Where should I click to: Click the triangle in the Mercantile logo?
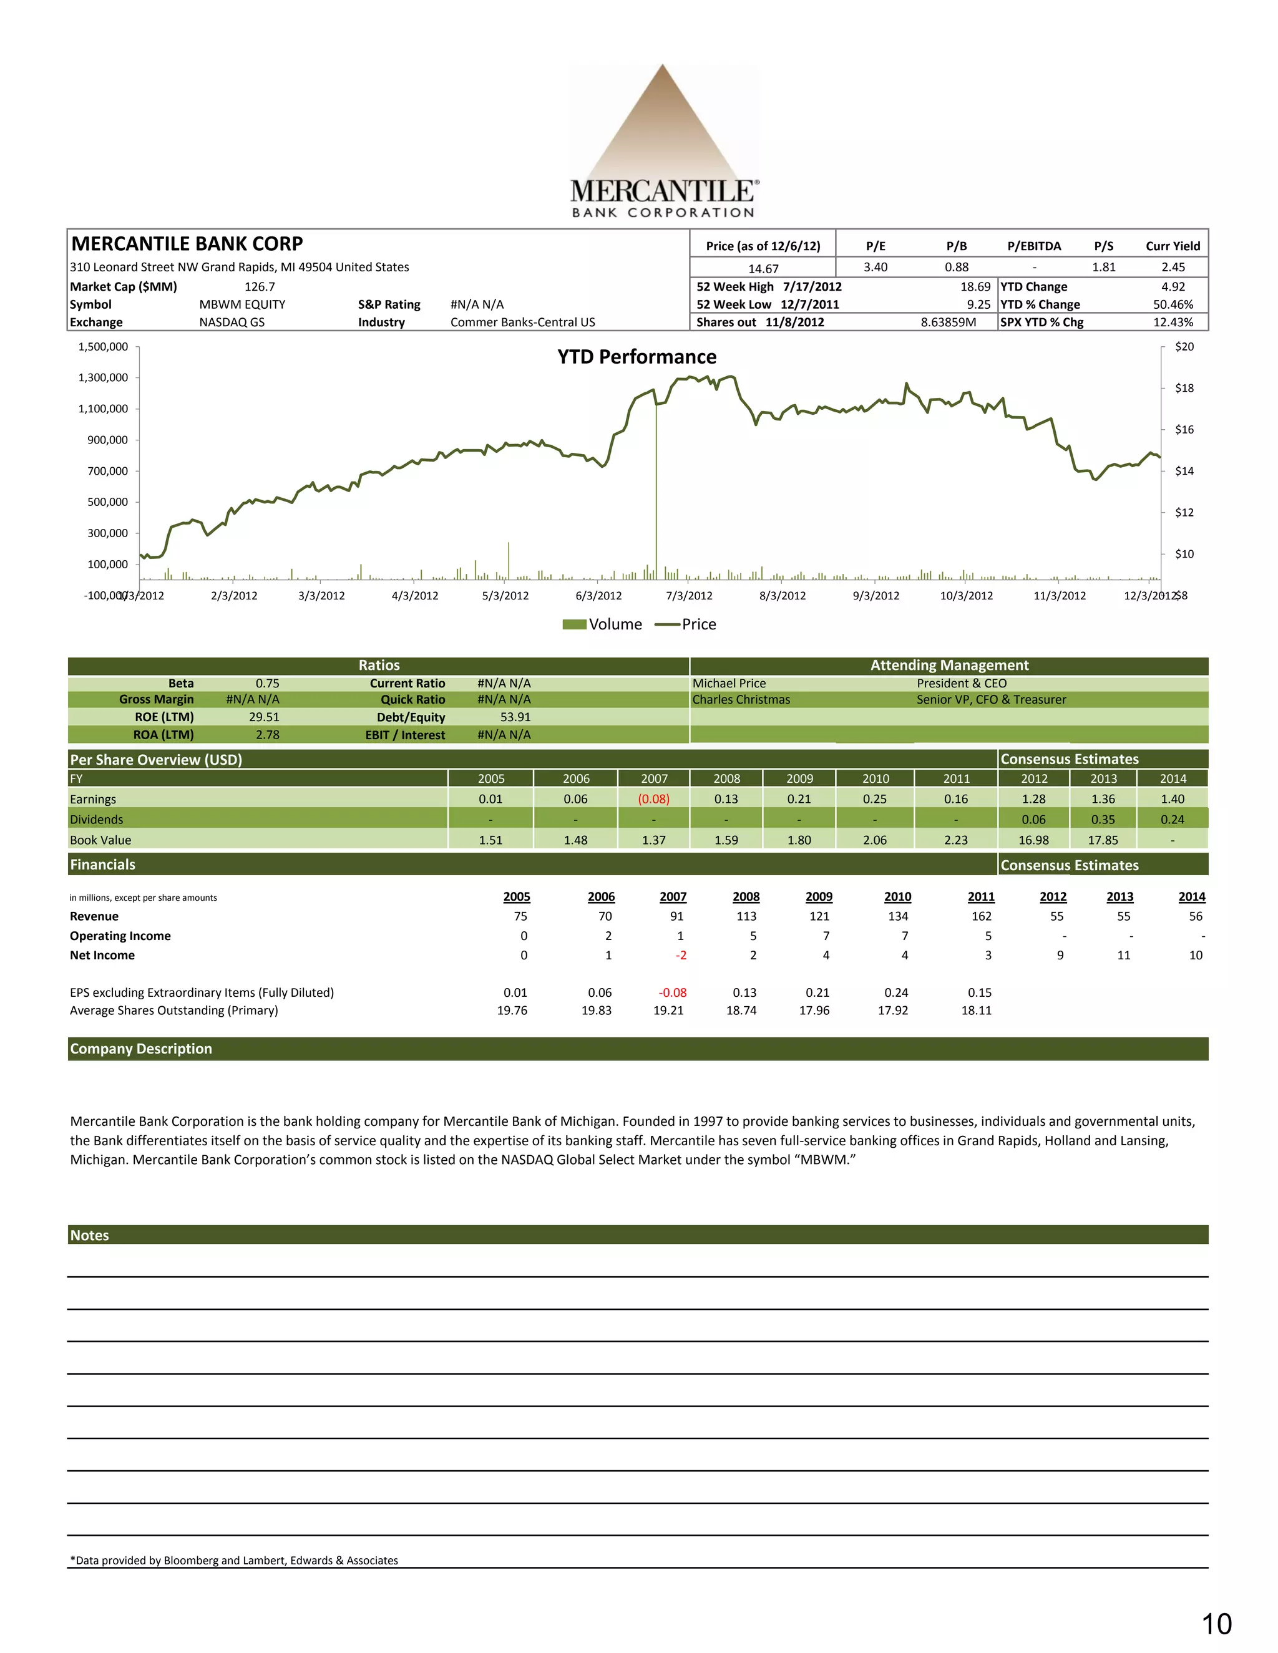(x=663, y=128)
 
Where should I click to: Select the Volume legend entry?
(x=603, y=624)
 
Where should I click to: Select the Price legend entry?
(x=686, y=624)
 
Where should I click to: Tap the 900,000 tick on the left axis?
(x=107, y=440)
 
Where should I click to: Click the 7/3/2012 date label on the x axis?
(x=689, y=596)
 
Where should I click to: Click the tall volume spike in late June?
(x=656, y=492)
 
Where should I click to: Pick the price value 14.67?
(x=763, y=269)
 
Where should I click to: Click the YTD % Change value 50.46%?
(x=1173, y=304)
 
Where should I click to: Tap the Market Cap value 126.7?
(x=260, y=287)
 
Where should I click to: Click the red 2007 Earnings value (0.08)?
(x=653, y=799)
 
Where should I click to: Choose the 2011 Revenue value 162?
(x=981, y=916)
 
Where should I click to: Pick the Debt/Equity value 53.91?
(x=515, y=717)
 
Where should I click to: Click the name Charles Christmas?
(x=741, y=700)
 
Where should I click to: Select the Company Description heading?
(x=141, y=1049)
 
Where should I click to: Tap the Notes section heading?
(x=89, y=1235)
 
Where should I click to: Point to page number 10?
(x=1217, y=1624)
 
